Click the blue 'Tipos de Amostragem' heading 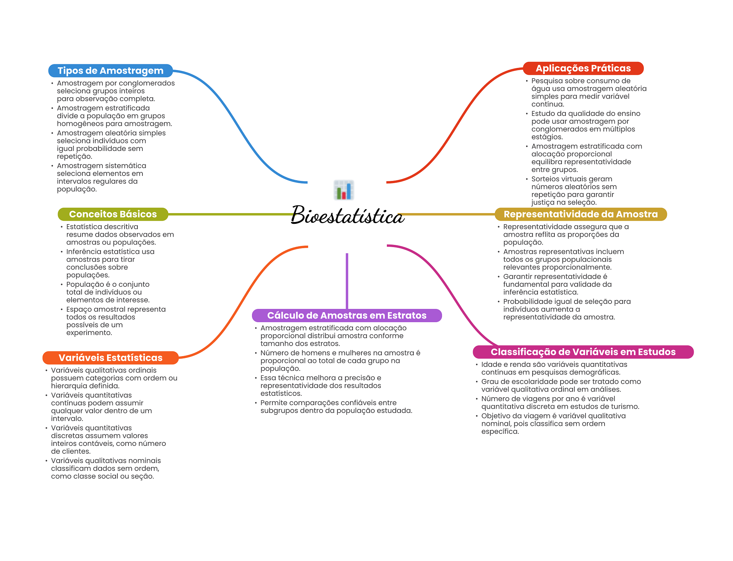coord(110,71)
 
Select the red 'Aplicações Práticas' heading coord(583,68)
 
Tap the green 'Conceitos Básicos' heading coord(113,214)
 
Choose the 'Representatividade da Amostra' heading coord(581,214)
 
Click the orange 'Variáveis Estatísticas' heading coord(110,358)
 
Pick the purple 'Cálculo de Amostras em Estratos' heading coord(346,315)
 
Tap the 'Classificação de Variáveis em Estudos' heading coord(583,352)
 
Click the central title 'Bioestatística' coord(347,215)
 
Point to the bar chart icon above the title coord(344,190)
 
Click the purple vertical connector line coord(347,279)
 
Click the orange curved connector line coord(243,300)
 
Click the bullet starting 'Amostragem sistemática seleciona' coord(101,177)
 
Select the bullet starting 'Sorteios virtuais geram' coord(574,191)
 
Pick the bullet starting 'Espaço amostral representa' coord(116,321)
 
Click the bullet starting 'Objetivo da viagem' coord(553,424)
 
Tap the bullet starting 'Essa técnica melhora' coord(321,385)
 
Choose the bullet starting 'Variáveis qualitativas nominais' coord(106,468)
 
